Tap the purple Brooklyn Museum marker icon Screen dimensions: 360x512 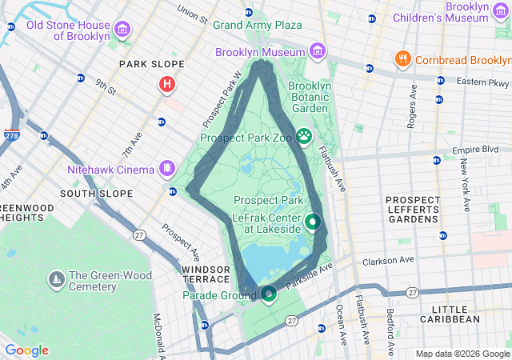(x=318, y=52)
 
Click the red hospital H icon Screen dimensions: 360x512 (x=167, y=83)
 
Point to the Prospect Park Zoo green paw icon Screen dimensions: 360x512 (x=304, y=136)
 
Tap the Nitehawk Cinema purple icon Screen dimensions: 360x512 (x=166, y=168)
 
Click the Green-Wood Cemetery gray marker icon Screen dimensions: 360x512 (x=56, y=279)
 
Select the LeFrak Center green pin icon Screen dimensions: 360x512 (x=313, y=221)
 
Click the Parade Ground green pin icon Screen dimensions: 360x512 (x=269, y=294)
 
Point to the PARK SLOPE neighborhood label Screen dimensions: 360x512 (x=151, y=64)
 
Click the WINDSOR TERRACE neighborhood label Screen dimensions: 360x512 (x=207, y=275)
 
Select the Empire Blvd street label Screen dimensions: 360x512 (x=475, y=149)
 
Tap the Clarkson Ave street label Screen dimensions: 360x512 (x=388, y=260)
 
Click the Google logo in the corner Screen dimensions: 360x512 (x=26, y=350)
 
